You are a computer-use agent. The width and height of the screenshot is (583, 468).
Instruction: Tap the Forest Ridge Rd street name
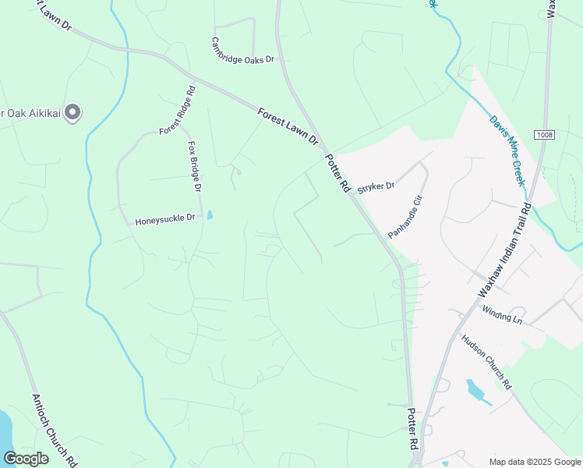coord(177,111)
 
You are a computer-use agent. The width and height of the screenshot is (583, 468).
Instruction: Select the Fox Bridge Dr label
coord(195,167)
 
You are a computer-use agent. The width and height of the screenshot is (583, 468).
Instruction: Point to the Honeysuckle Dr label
coord(164,221)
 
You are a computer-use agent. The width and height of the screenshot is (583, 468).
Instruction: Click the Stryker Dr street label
coord(376,187)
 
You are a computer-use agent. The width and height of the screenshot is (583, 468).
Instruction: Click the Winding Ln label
coord(501,314)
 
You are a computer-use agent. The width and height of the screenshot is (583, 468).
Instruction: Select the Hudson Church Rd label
coord(486,361)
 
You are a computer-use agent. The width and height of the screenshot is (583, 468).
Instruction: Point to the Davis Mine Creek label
coord(508,151)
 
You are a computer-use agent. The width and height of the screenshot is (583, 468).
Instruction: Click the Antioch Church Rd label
coord(53,430)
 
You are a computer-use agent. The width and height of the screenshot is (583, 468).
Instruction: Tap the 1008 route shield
coord(544,135)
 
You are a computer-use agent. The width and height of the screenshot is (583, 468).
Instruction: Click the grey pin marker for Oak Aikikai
coord(72,113)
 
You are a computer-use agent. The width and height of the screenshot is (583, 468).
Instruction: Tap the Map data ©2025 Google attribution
coord(534,462)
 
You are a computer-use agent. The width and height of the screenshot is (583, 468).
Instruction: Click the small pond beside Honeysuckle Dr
coord(210,214)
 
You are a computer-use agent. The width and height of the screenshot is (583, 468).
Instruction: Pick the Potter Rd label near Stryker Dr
coord(337,172)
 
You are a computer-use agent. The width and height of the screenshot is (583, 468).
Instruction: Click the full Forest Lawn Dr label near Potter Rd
coord(288,126)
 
